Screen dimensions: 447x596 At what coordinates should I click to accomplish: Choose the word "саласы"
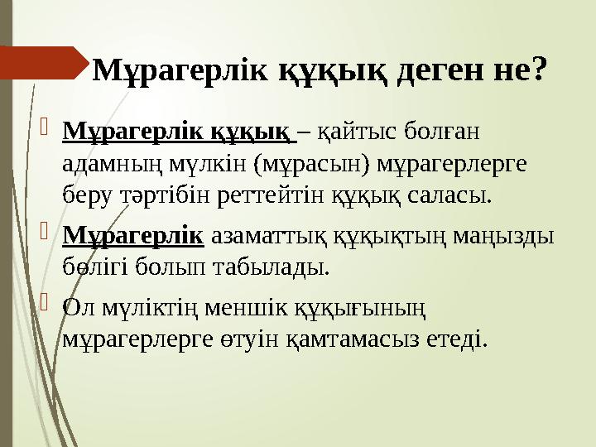pos(445,197)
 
